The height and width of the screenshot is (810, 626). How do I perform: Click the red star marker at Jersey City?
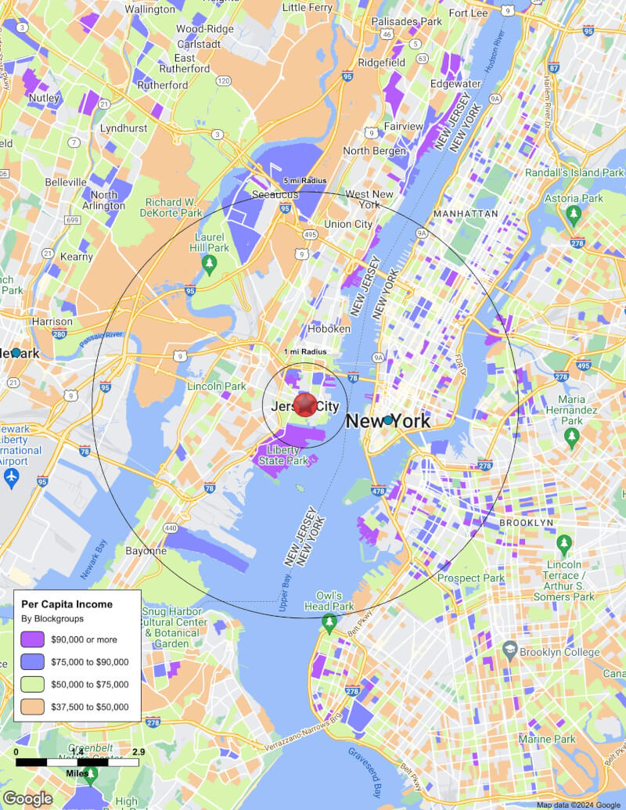click(305, 405)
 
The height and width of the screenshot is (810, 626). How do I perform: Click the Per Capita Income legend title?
click(67, 604)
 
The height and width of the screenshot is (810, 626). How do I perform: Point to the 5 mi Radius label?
click(305, 181)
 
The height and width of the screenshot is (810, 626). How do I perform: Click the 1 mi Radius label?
click(305, 351)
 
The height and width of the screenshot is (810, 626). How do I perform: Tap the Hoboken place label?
click(329, 329)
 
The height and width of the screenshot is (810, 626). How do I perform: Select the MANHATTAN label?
click(466, 213)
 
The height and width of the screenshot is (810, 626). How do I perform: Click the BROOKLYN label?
click(527, 522)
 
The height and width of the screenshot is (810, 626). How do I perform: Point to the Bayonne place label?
click(146, 551)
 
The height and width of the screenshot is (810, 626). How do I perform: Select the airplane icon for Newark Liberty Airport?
click(11, 477)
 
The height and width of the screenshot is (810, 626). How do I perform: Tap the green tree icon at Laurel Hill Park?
click(209, 265)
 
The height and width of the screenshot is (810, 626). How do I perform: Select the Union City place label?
click(348, 224)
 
